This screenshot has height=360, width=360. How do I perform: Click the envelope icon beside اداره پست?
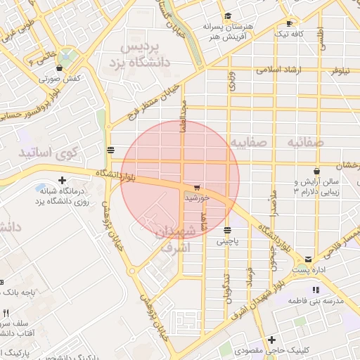pyautogui.click(x=309, y=259)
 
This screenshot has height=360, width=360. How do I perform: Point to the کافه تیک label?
pyautogui.click(x=289, y=33)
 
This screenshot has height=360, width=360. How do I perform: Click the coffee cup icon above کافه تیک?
pyautogui.click(x=289, y=22)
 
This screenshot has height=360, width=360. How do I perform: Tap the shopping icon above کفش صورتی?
pyautogui.click(x=58, y=68)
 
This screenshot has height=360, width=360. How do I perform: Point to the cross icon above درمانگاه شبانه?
pyautogui.click(x=63, y=181)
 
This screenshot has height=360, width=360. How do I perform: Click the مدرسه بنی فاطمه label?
pyautogui.click(x=316, y=300)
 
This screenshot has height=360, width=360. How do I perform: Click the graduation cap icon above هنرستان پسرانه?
pyautogui.click(x=227, y=16)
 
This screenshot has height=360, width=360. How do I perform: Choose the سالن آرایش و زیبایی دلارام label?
pyautogui.click(x=316, y=186)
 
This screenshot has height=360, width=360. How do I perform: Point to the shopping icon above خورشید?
pyautogui.click(x=196, y=188)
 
